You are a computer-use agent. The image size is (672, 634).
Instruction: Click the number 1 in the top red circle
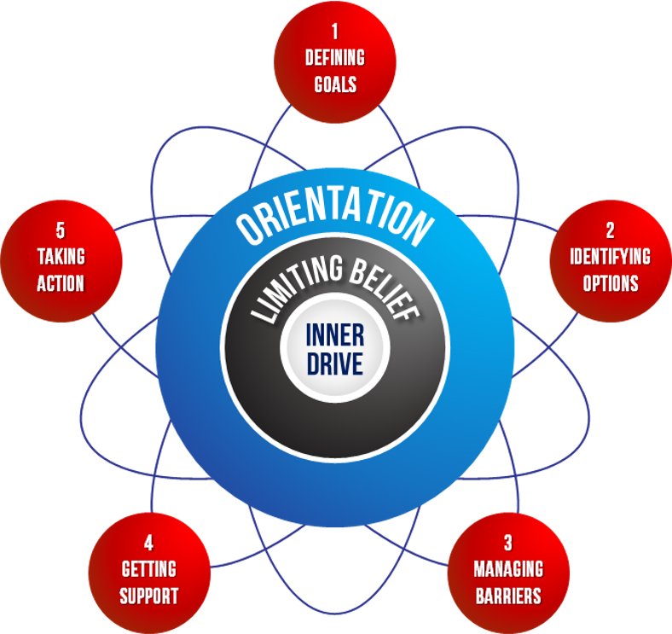tap(335, 32)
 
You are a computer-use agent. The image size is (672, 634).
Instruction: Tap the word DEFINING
tap(335, 58)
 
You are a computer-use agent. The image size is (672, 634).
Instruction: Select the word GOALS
tap(335, 84)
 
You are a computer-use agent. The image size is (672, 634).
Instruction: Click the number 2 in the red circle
tap(610, 230)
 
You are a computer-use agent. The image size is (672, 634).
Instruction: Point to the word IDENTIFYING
tap(610, 256)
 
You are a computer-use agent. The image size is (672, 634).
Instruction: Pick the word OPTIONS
tap(610, 282)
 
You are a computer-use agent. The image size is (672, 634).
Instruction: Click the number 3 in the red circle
tap(508, 542)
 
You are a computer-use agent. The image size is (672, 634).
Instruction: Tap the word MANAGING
tap(508, 568)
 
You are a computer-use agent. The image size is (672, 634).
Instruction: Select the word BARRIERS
tap(508, 595)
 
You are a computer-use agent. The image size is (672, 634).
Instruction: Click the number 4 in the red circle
tap(149, 542)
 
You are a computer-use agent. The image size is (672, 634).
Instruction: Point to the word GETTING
tap(149, 568)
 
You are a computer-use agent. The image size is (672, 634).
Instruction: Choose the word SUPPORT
tap(149, 595)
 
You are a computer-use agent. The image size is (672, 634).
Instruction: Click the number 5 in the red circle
tap(61, 230)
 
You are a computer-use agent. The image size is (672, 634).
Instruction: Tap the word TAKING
tap(61, 257)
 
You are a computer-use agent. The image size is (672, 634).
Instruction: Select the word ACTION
tap(61, 283)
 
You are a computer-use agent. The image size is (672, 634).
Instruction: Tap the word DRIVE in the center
tap(335, 364)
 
